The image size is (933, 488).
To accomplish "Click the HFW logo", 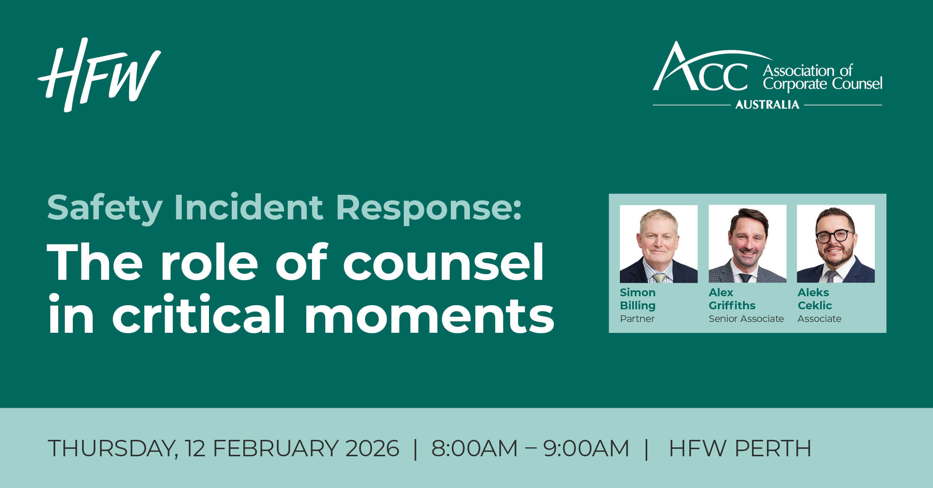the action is (x=99, y=75).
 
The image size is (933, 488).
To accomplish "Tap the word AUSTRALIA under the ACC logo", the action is (x=767, y=104).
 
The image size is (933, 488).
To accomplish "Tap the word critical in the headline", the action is (x=199, y=314).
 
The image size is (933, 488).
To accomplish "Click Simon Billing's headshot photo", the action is (x=659, y=244).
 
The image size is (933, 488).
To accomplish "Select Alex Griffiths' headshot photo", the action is (x=748, y=244).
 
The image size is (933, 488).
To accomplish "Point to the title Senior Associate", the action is (x=746, y=319).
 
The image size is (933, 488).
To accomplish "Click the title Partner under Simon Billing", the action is (x=637, y=319).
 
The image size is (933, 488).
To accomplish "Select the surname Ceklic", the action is (x=815, y=306).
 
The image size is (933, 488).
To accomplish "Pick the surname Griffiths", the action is (x=732, y=306).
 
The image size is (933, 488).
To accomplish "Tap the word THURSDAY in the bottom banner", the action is (x=113, y=448).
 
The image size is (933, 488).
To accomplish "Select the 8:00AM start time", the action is (x=474, y=448).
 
